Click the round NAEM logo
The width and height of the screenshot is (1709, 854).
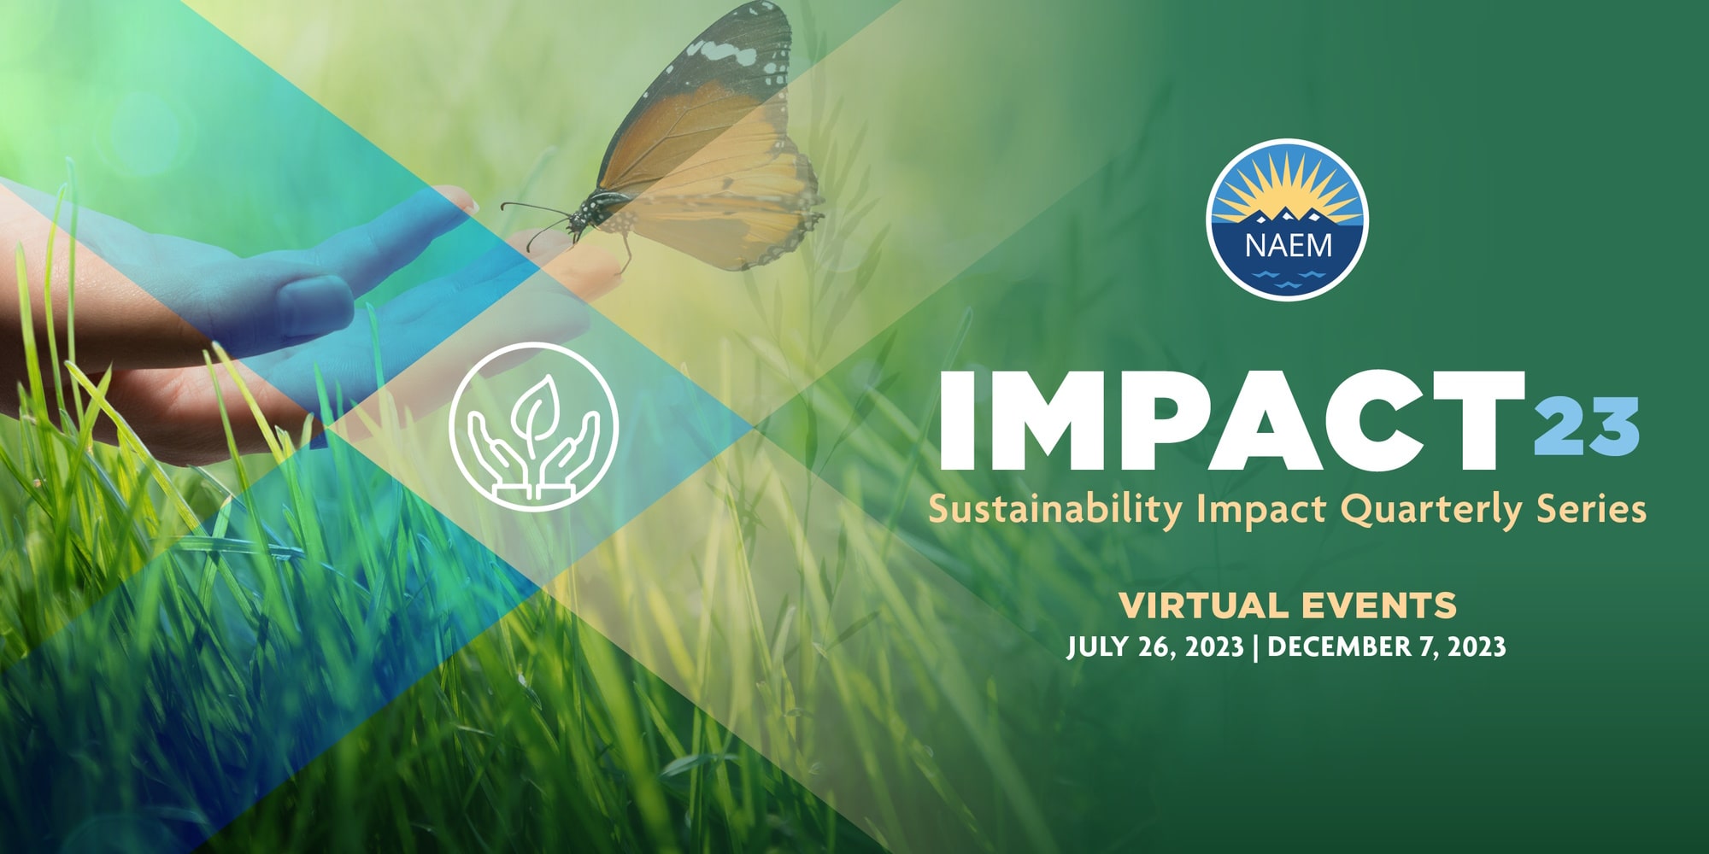coord(1287,219)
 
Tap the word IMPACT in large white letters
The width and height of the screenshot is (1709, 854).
coord(1232,420)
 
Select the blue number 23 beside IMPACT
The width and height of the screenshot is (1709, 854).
coord(1587,425)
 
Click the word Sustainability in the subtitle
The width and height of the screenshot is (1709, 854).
coord(1055,510)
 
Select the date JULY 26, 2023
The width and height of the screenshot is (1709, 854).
coord(1154,646)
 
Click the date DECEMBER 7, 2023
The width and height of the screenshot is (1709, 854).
coord(1386,646)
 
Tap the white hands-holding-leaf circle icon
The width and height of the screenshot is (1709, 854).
coord(533,427)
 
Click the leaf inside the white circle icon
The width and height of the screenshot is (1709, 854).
coord(537,409)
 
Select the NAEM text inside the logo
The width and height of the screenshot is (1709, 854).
coord(1288,246)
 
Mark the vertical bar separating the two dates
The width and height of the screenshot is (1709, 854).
coord(1255,647)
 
